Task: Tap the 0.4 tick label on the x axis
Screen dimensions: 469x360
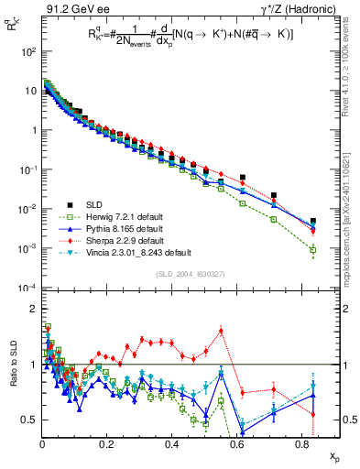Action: [171, 444]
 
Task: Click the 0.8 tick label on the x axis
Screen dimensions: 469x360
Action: [300, 444]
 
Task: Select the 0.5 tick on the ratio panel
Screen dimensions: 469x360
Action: [29, 420]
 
